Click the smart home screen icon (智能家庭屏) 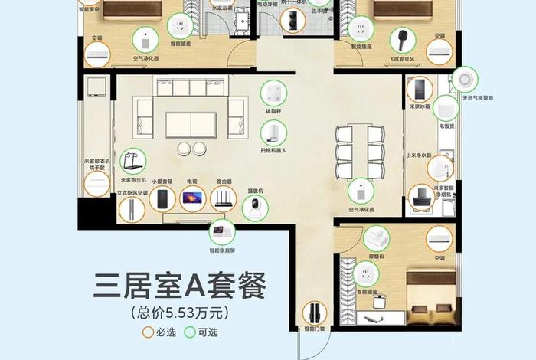pyautogui.click(x=223, y=229)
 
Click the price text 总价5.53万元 pyautogui.click(x=180, y=313)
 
